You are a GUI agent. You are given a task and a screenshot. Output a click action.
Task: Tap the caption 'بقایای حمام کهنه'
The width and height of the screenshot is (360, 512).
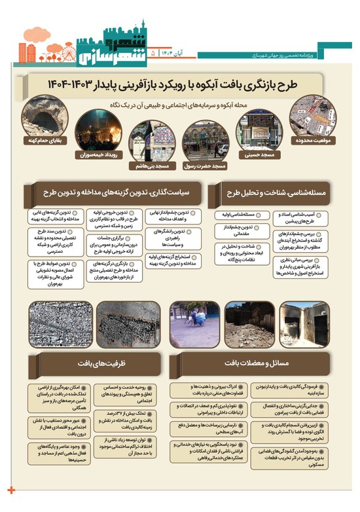pos(43,139)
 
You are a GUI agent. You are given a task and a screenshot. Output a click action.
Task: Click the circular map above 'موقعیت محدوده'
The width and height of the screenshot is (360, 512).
pos(314,115)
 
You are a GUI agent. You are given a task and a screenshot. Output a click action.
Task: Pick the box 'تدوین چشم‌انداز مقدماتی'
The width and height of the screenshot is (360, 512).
pos(239,230)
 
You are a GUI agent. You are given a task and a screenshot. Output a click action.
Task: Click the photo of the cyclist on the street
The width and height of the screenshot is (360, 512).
pos(195,323)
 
